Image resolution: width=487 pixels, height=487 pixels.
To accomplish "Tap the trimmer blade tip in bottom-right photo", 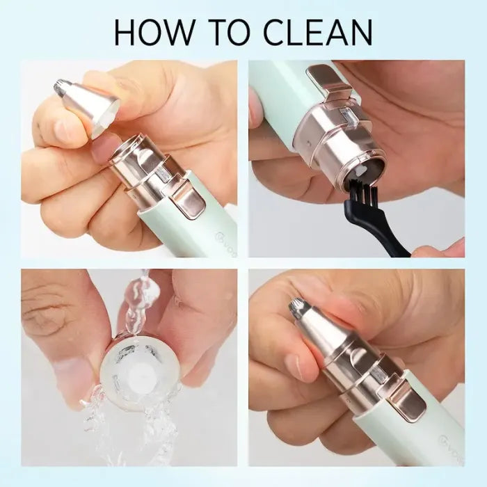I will point(298,304).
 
